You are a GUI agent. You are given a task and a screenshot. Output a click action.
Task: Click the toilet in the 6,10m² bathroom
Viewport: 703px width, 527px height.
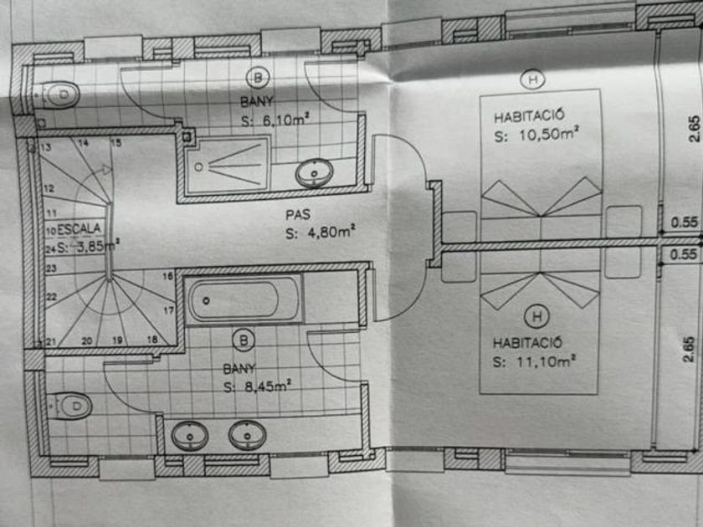(60, 94)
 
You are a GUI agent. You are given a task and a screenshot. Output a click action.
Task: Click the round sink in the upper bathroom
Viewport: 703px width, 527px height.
(314, 173)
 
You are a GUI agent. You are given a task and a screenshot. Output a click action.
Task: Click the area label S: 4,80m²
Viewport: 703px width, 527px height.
(319, 233)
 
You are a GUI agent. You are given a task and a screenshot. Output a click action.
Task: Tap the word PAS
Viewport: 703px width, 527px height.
(297, 214)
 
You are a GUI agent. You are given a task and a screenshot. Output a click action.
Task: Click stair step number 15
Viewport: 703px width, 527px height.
(115, 143)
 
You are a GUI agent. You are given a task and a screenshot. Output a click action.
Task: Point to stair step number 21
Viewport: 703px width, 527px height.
(50, 341)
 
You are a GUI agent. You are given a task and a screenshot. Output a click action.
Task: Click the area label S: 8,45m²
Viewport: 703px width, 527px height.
(257, 386)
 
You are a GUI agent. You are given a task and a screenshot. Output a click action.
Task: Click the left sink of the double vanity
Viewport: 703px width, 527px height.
(190, 435)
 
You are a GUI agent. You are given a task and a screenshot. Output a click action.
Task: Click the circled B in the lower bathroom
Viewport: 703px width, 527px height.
(244, 340)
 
